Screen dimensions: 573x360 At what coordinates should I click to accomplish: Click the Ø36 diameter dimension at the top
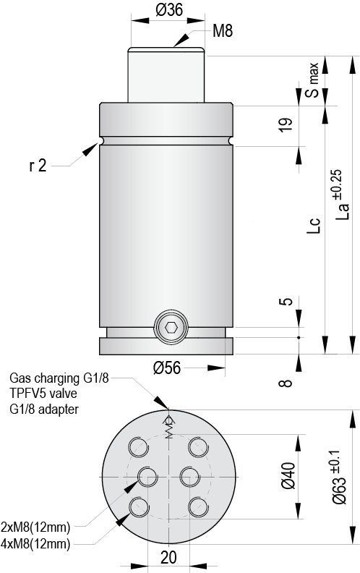pyautogui.click(x=166, y=9)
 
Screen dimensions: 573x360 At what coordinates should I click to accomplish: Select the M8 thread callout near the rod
pyautogui.click(x=223, y=31)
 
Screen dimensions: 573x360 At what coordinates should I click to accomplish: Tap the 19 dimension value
pyautogui.click(x=286, y=124)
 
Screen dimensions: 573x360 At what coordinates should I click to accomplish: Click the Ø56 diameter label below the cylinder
pyautogui.click(x=166, y=368)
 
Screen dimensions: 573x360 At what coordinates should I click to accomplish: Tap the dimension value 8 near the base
pyautogui.click(x=286, y=383)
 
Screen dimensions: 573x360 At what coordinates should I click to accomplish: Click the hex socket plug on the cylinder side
pyautogui.click(x=171, y=328)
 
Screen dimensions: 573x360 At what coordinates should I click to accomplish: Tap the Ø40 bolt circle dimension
pyautogui.click(x=288, y=476)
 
